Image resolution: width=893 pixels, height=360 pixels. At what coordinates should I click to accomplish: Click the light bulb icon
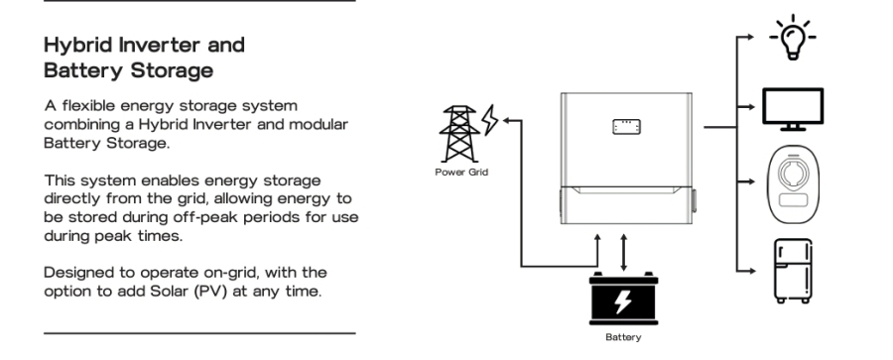tap(793, 38)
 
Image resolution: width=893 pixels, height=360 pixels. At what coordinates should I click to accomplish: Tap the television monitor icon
tap(793, 109)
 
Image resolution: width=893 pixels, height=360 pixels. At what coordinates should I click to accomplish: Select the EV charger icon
tap(794, 185)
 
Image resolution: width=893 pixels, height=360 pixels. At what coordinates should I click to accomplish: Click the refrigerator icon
tap(793, 271)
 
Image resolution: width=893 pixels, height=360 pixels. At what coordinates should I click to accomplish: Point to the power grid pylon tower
tap(459, 134)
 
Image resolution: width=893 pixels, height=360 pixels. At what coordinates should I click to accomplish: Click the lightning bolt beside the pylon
tap(490, 120)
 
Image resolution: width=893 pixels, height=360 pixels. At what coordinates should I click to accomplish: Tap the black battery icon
tap(624, 299)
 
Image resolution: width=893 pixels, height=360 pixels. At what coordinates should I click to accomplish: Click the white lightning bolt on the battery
tap(623, 301)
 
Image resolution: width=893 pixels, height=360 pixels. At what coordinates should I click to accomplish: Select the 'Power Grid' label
tap(461, 172)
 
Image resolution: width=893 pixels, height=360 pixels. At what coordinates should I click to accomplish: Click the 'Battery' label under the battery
tap(623, 337)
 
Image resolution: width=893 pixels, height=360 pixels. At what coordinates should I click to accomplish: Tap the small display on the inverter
tap(626, 127)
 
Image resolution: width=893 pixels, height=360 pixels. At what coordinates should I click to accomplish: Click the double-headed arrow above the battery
tap(624, 252)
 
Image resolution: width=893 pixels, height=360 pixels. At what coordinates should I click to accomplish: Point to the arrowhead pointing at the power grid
tap(507, 120)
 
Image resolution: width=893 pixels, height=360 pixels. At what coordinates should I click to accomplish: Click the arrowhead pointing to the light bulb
tap(751, 37)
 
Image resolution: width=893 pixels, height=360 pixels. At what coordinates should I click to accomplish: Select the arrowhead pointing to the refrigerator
tap(751, 271)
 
